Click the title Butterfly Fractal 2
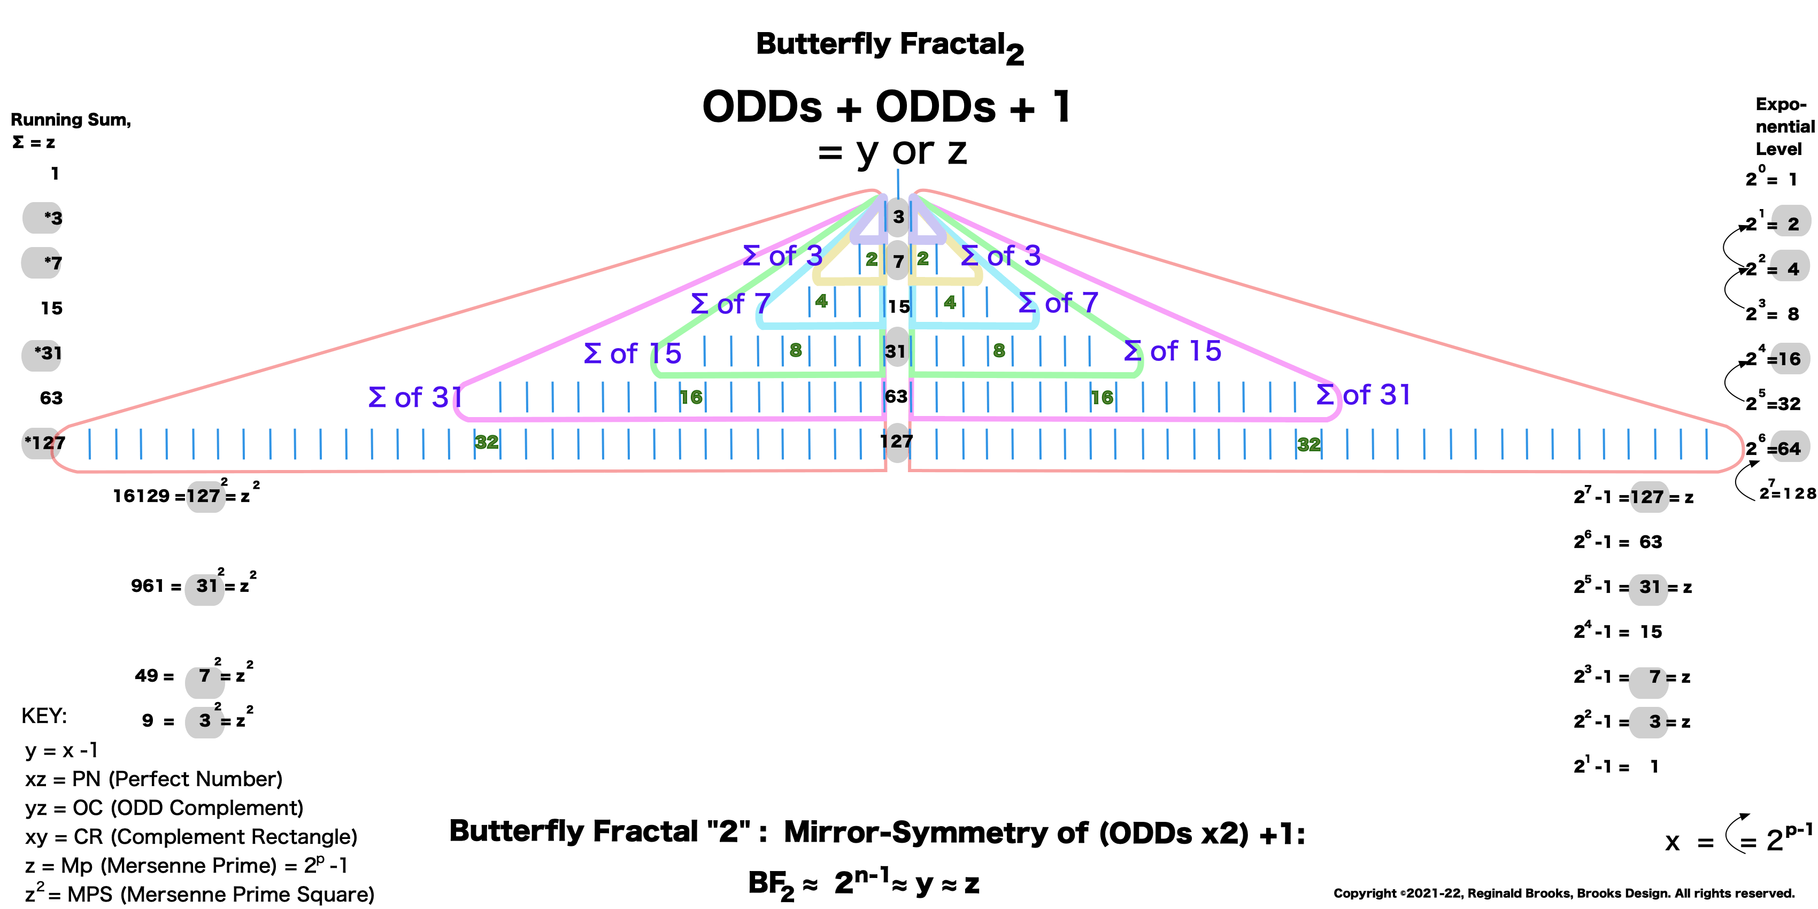tap(889, 47)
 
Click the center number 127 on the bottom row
tap(896, 442)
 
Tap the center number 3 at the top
tap(898, 217)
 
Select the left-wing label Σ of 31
tap(415, 397)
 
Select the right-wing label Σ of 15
tap(1172, 351)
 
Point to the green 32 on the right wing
tap(1308, 444)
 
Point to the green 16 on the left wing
tap(691, 397)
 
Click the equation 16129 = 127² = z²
tap(186, 496)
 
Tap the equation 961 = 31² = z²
tap(192, 586)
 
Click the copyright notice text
tap(1563, 893)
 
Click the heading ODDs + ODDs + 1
tap(887, 107)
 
